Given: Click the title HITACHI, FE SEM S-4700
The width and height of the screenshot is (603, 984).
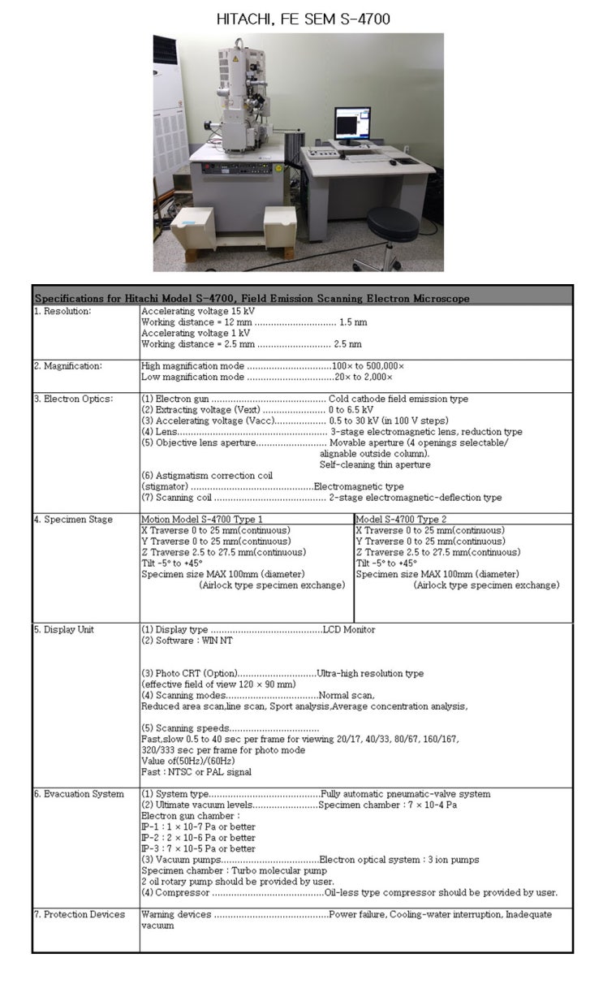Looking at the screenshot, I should (303, 18).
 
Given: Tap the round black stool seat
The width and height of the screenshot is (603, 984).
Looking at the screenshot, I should (392, 218).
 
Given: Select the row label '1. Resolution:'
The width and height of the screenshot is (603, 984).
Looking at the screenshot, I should (62, 310).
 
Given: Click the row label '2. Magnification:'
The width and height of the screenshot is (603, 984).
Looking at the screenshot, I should (68, 365).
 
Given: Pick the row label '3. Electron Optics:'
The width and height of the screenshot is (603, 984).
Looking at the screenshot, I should (73, 399).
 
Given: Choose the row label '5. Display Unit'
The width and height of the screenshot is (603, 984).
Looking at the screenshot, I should (66, 629).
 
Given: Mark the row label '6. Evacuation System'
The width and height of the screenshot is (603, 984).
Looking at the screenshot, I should (79, 793).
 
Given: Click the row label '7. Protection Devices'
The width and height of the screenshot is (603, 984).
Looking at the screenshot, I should (80, 914).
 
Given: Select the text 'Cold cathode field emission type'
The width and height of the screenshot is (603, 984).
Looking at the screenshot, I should (398, 399).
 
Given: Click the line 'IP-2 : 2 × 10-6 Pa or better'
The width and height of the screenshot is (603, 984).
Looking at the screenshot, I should (198, 837).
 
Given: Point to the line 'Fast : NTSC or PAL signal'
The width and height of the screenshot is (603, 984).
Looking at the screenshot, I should (196, 772).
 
